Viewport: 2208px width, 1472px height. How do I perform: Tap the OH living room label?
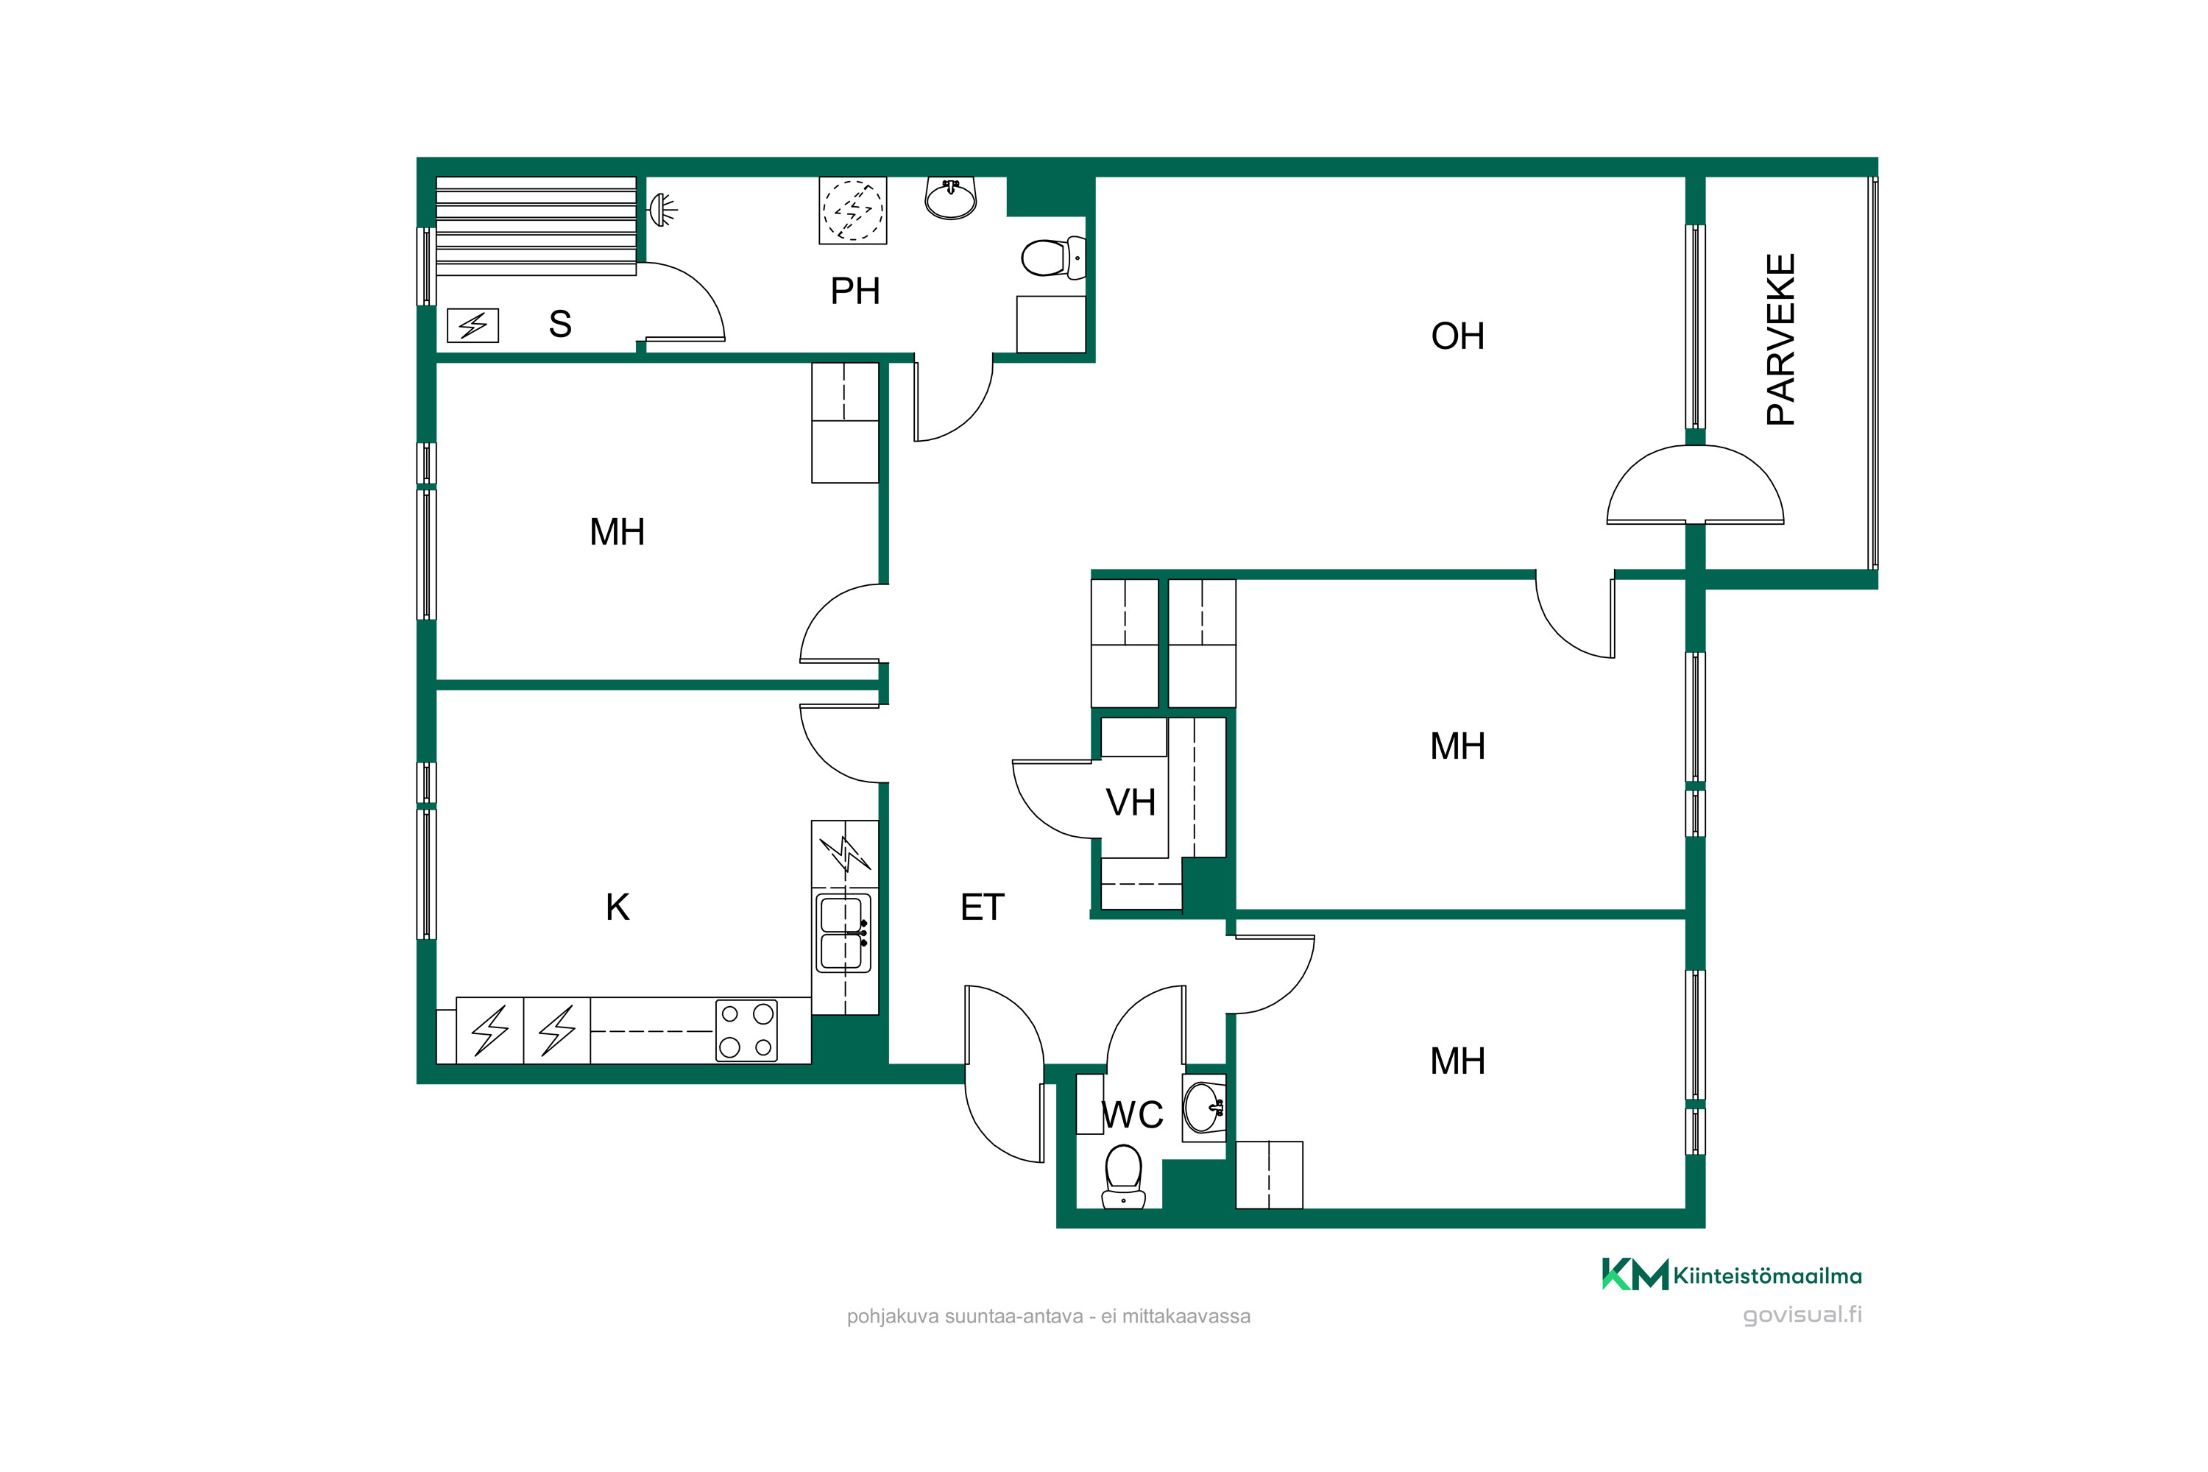pyautogui.click(x=1457, y=336)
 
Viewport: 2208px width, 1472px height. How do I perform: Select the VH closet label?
pyautogui.click(x=1130, y=803)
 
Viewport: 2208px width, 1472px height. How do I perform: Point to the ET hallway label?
pyautogui.click(x=982, y=907)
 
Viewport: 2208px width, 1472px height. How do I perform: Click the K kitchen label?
pyautogui.click(x=617, y=907)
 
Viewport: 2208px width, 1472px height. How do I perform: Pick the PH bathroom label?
pyautogui.click(x=854, y=291)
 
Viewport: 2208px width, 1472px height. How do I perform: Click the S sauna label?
pyautogui.click(x=560, y=324)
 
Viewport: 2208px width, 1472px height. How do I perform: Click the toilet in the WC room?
pyautogui.click(x=1124, y=1175)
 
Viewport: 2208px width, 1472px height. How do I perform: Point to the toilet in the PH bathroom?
pyautogui.click(x=1053, y=257)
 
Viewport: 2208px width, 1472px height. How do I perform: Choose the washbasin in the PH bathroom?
pyautogui.click(x=951, y=197)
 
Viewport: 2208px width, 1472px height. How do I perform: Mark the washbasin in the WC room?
pyautogui.click(x=1203, y=1108)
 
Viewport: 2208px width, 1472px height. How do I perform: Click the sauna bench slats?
pyautogui.click(x=536, y=225)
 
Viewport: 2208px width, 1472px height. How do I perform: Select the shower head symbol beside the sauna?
pyautogui.click(x=663, y=208)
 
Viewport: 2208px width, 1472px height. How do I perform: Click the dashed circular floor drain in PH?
pyautogui.click(x=852, y=210)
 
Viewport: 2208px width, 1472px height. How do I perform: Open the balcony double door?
pyautogui.click(x=1696, y=484)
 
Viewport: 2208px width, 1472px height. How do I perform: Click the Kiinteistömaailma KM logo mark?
pyautogui.click(x=1635, y=1275)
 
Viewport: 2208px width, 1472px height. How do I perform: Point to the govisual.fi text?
pyautogui.click(x=1802, y=1314)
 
